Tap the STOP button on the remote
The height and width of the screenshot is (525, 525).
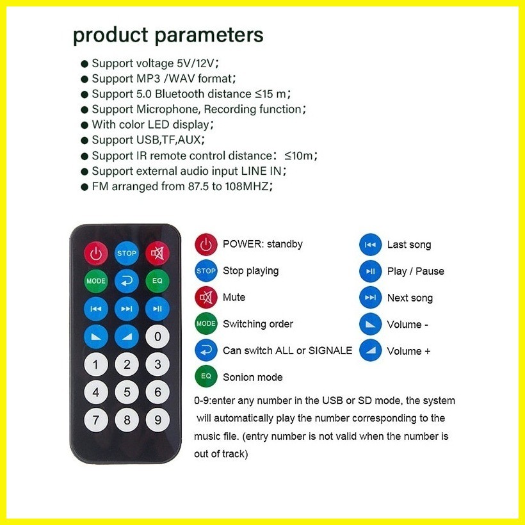pos(127,253)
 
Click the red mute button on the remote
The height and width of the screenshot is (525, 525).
pos(157,253)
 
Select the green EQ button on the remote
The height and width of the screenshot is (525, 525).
pos(157,281)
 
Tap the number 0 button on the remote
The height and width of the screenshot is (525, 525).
pos(157,337)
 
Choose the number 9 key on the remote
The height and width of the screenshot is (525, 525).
pos(157,420)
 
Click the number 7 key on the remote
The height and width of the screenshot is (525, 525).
pos(96,420)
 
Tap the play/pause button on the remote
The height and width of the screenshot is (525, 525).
pos(157,309)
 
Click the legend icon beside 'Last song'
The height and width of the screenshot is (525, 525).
pos(370,245)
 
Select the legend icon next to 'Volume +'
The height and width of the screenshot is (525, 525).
pos(370,351)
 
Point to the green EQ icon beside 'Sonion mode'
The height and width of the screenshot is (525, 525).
pos(206,376)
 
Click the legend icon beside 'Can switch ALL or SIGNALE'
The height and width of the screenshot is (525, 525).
pos(206,350)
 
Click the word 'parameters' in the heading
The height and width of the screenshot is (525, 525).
pos(209,35)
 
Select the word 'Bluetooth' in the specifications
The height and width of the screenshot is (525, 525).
pos(179,93)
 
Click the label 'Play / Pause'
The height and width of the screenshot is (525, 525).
pos(416,271)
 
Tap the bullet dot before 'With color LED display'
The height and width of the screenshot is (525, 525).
pos(85,125)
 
